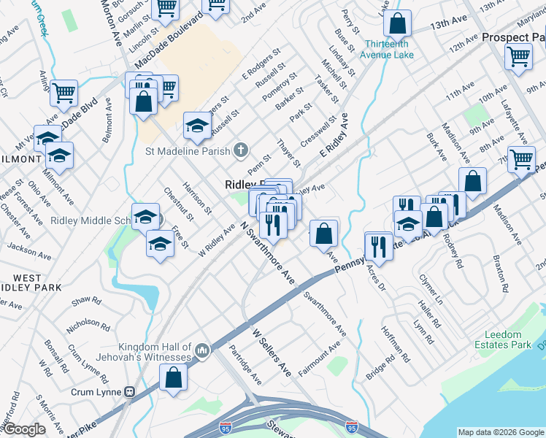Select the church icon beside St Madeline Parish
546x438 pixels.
point(242,151)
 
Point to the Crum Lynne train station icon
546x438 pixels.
point(131,391)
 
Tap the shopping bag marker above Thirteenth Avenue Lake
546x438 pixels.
point(396,23)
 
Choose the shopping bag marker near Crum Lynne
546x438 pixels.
point(173,377)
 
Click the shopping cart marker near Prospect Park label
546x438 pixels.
point(518,55)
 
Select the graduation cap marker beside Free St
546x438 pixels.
point(160,244)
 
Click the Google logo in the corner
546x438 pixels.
point(24,430)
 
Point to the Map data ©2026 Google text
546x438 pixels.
point(501,432)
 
